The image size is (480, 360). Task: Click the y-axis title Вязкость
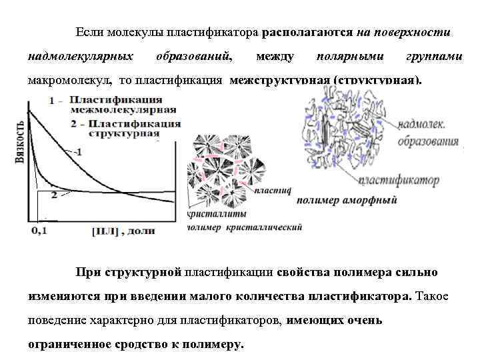tap(19, 148)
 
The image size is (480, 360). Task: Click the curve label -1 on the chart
tap(77, 152)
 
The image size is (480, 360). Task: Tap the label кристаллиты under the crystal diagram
tap(217, 214)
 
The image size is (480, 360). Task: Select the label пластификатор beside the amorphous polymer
tap(399, 180)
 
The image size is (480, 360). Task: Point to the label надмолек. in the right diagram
tap(422, 125)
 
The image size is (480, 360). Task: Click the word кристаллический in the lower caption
tap(264, 227)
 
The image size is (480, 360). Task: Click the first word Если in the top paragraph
tap(87, 32)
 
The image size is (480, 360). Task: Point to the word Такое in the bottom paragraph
tap(433, 295)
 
